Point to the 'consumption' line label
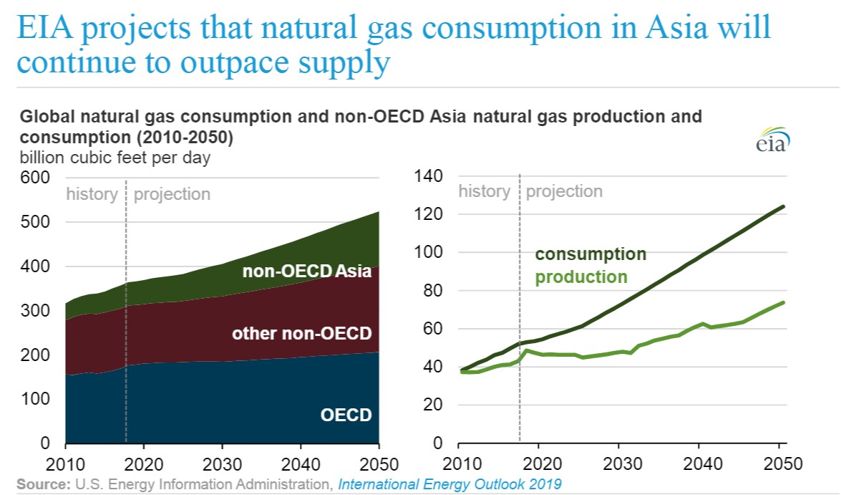590,254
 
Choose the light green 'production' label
581,277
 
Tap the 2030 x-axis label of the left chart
222,463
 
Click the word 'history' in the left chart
92,194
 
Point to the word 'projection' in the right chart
564,191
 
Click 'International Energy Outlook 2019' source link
449,484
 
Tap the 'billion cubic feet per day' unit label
115,158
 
